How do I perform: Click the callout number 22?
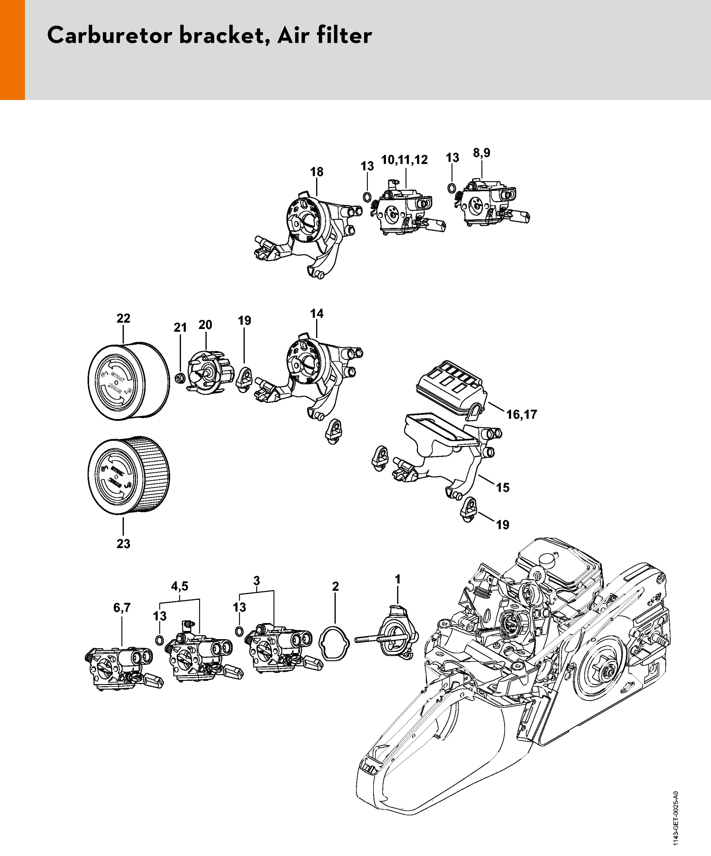(123, 318)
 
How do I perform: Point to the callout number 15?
(503, 488)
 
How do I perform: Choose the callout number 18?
(317, 172)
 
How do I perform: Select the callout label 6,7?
(122, 608)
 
